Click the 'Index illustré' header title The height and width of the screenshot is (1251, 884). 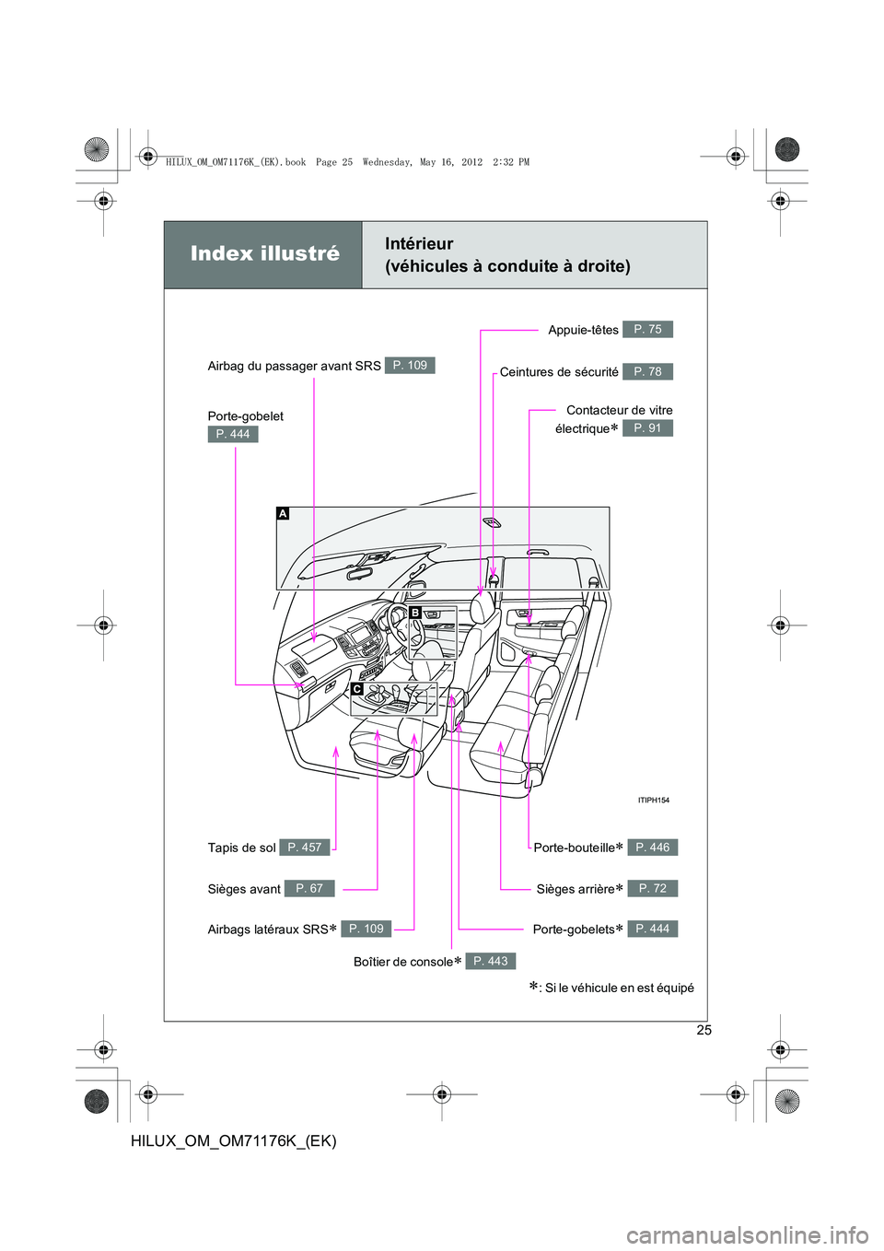click(x=264, y=254)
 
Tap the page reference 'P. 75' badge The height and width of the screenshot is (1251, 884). click(x=647, y=330)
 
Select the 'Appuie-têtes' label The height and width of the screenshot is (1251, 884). click(x=583, y=331)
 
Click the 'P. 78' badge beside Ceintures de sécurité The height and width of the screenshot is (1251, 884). click(x=647, y=372)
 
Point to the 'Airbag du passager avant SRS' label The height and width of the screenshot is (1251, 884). click(x=294, y=367)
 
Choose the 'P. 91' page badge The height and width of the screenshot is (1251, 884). click(x=647, y=428)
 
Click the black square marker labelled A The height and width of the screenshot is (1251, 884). click(x=283, y=513)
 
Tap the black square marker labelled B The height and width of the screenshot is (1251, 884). click(x=415, y=613)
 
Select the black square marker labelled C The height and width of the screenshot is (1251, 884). click(x=356, y=689)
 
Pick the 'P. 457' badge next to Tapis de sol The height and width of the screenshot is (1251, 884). click(x=304, y=848)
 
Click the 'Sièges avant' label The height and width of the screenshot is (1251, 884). click(x=244, y=890)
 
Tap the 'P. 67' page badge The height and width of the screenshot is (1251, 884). click(x=308, y=889)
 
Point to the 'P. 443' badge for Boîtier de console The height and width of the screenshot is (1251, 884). click(x=490, y=962)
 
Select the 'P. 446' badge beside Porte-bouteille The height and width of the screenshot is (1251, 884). click(x=652, y=848)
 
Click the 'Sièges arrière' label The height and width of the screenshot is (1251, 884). click(x=576, y=890)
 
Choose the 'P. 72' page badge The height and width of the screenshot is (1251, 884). click(x=652, y=889)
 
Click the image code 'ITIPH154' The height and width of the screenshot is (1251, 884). click(x=654, y=801)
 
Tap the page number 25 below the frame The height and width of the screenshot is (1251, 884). click(x=704, y=1031)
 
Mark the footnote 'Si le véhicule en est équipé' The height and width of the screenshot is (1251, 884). click(x=619, y=988)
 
